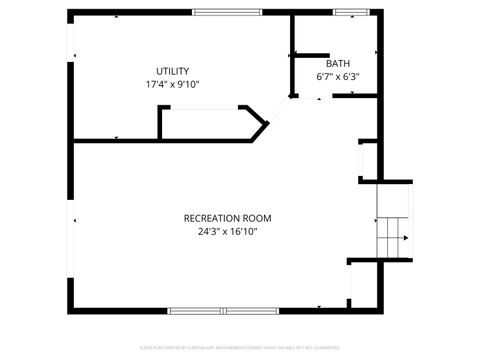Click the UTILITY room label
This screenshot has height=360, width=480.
point(172,71)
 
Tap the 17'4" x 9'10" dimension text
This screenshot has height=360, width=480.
point(172,85)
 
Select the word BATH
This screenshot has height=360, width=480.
point(337,63)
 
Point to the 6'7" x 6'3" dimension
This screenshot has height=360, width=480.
point(337,76)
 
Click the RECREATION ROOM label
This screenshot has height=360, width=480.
point(227,218)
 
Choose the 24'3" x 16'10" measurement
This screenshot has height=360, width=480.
point(227,232)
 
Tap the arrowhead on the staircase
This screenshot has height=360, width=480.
point(405,238)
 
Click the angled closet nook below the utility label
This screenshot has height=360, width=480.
point(210,123)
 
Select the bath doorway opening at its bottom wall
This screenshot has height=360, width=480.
point(317,97)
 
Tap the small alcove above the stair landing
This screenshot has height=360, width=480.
point(367,161)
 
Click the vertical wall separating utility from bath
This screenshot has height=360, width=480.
point(291,55)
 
